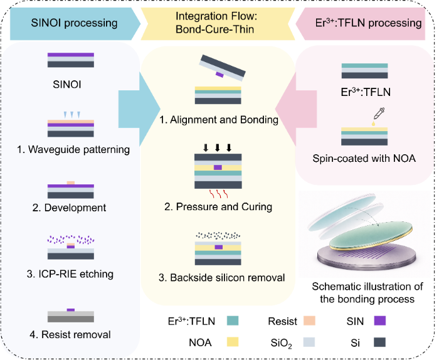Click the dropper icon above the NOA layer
click(378, 115)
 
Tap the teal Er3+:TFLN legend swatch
click(233, 320)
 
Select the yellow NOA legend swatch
click(233, 342)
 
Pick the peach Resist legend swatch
click(309, 320)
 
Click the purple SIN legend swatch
click(380, 320)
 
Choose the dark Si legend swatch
click(380, 342)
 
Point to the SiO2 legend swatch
click(309, 342)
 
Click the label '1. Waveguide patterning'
click(73, 150)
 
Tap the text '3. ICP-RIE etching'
click(70, 274)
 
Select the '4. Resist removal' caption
click(70, 334)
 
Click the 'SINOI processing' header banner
click(75, 23)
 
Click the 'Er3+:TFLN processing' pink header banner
click(361, 23)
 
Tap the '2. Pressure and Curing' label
click(218, 206)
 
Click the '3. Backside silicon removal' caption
click(222, 277)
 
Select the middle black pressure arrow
click(218, 147)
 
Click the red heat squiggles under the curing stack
click(219, 193)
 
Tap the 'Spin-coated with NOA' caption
click(364, 159)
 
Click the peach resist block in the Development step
click(71, 183)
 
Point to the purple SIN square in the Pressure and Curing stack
click(218, 167)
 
